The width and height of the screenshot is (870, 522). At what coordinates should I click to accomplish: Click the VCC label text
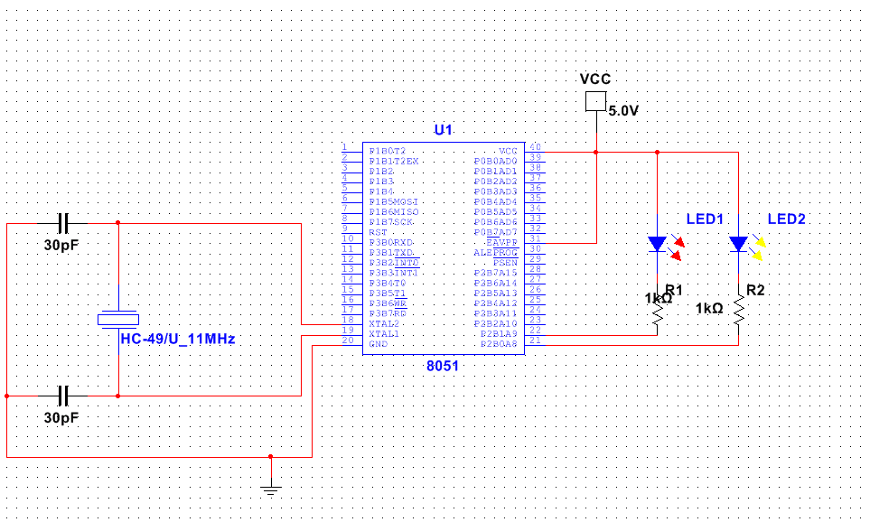coord(594,79)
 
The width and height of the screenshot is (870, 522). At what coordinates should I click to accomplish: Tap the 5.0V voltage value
coord(623,111)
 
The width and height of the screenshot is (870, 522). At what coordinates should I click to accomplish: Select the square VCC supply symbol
coord(595,101)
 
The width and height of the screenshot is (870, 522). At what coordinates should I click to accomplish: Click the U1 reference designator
coord(443,130)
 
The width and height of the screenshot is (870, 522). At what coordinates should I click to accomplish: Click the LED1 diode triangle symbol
coord(657,244)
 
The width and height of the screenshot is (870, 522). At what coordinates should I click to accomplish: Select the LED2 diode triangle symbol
coord(738,244)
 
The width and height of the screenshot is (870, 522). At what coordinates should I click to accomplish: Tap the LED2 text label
coord(786,219)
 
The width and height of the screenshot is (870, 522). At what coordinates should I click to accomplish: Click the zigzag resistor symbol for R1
coord(658,314)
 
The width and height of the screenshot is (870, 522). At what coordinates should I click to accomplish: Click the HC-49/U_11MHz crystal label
coord(178,339)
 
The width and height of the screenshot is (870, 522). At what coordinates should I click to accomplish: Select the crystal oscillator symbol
coord(118,318)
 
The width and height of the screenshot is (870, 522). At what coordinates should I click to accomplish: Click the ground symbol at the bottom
coord(270,490)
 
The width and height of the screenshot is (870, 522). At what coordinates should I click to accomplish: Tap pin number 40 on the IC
coord(535,147)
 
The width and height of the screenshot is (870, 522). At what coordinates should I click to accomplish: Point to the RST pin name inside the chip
coord(378,232)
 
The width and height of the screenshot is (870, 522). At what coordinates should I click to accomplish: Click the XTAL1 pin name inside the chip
coord(384,333)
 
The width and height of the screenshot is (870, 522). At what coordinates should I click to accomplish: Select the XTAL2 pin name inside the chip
coord(384,323)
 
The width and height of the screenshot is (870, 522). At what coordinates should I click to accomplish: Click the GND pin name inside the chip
coord(379,343)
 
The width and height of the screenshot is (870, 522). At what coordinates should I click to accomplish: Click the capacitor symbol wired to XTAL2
coord(63,222)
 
